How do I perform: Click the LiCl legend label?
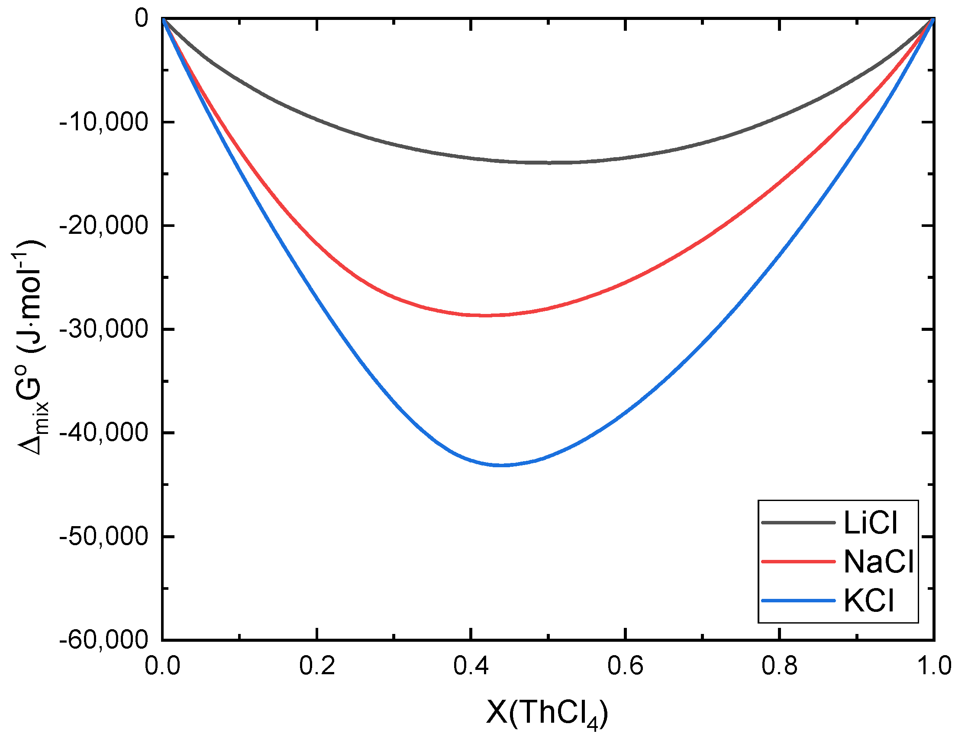click(x=870, y=523)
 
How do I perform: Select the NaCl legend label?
click(x=878, y=562)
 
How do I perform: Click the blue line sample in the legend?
click(x=798, y=601)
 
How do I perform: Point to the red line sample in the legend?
click(x=798, y=562)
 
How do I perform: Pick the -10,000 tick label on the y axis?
click(x=103, y=122)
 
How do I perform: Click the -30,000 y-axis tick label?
click(x=103, y=330)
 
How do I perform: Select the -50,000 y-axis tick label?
click(x=103, y=537)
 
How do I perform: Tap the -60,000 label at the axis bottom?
click(x=103, y=640)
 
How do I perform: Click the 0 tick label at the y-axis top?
click(x=142, y=19)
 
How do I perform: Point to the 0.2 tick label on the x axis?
click(x=317, y=666)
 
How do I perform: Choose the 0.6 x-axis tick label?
click(x=625, y=666)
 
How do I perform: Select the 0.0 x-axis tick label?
click(x=163, y=666)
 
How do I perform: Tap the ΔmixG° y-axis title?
click(x=31, y=348)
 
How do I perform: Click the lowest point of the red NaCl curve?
click(x=486, y=315)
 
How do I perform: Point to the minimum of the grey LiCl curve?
click(x=548, y=163)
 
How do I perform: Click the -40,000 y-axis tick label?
click(x=103, y=433)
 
